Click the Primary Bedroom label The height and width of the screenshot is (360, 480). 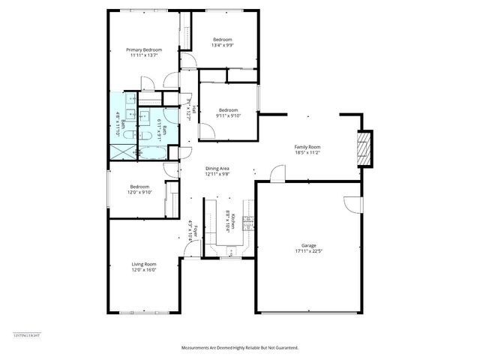(143, 49)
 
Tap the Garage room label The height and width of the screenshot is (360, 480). (308, 245)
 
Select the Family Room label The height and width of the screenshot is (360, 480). (307, 146)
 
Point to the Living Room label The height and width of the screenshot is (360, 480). (143, 264)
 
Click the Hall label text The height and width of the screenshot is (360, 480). (194, 109)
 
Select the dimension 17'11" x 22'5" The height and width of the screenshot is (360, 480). (308, 251)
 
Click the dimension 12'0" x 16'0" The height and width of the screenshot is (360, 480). (143, 270)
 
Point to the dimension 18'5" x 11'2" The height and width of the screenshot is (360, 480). (307, 152)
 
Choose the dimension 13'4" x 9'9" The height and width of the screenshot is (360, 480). (222, 45)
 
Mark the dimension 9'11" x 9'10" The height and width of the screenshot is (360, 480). (227, 115)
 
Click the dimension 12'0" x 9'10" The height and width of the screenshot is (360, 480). (139, 193)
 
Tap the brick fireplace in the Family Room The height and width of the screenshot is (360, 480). (364, 148)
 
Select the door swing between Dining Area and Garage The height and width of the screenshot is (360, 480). (277, 174)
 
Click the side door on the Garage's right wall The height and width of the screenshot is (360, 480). (353, 205)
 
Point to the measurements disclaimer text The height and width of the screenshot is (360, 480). (240, 348)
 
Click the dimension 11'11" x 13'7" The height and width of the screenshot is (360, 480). (143, 55)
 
